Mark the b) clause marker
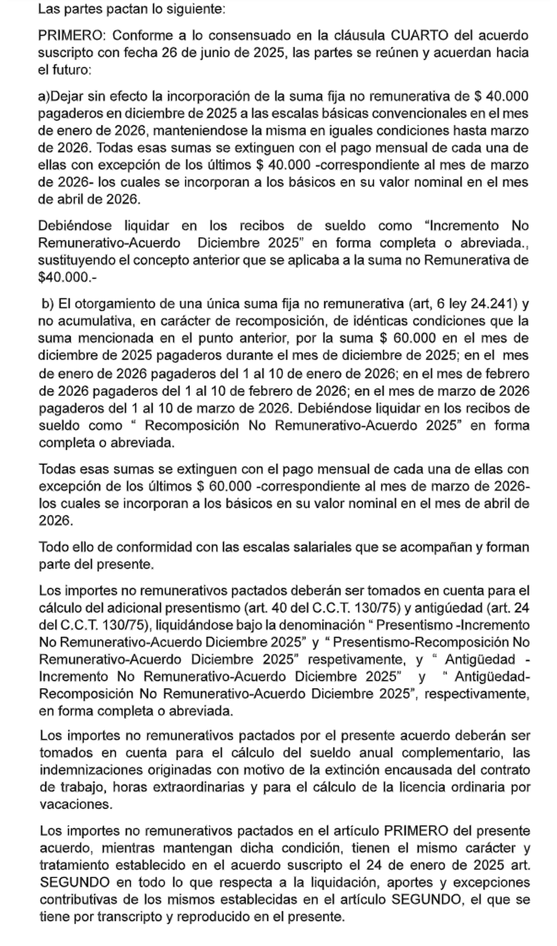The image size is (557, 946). (48, 303)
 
